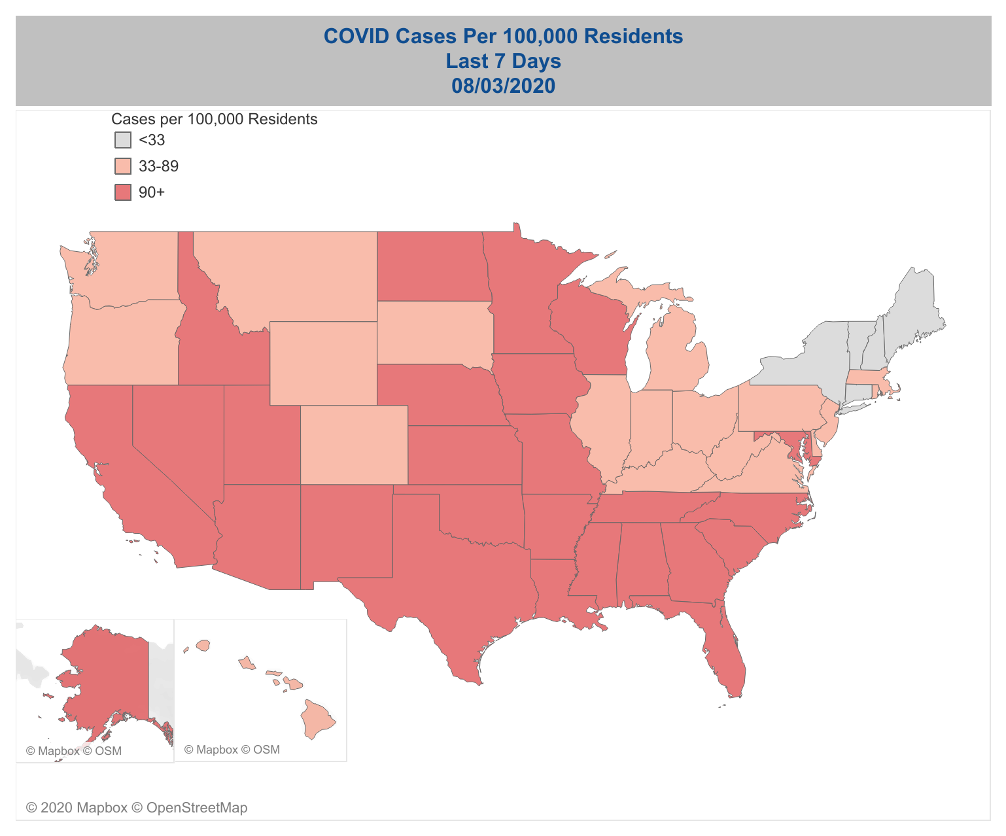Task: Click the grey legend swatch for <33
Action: [x=123, y=140]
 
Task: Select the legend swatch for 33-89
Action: [x=123, y=166]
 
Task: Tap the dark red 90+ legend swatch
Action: [x=123, y=192]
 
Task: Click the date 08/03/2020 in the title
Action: [x=503, y=86]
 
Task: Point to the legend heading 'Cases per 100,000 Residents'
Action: [x=215, y=119]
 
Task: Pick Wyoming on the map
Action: [x=323, y=363]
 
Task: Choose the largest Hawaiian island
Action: [x=317, y=720]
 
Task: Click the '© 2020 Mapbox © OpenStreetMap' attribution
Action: [x=137, y=808]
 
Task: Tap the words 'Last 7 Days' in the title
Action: [x=503, y=61]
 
